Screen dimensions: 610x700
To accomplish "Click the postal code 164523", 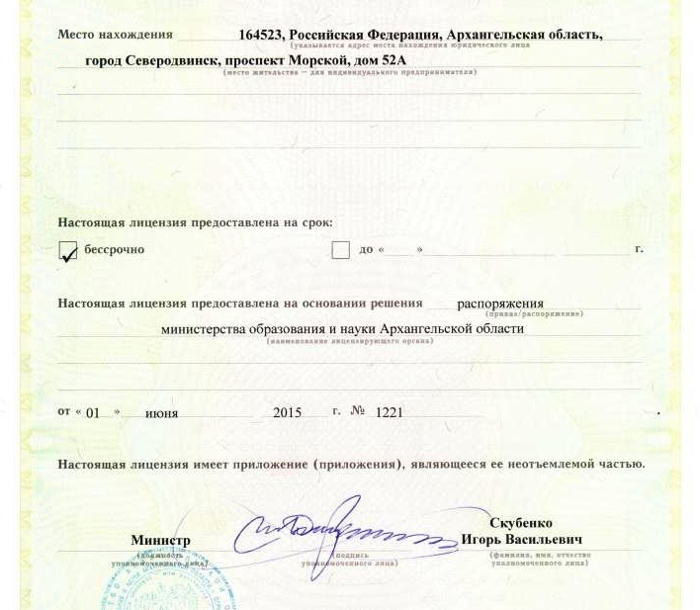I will click(x=261, y=35).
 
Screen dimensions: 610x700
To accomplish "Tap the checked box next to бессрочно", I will click(x=68, y=252).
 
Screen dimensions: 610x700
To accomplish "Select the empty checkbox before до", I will click(x=340, y=250).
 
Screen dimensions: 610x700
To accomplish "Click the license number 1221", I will click(x=390, y=412).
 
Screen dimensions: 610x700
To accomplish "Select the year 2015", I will click(x=287, y=413).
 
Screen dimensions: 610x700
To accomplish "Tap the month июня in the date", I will click(x=161, y=413).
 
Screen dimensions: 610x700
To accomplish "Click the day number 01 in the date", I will click(x=94, y=413).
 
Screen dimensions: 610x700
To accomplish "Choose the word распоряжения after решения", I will click(x=499, y=304).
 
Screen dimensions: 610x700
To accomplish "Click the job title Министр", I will click(x=160, y=541).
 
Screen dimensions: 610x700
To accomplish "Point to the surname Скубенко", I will click(x=520, y=523).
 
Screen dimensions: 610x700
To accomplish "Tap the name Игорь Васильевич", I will click(x=521, y=540).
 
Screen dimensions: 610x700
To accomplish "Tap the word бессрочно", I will click(x=114, y=249).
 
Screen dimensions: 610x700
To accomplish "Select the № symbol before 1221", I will click(x=358, y=411).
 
